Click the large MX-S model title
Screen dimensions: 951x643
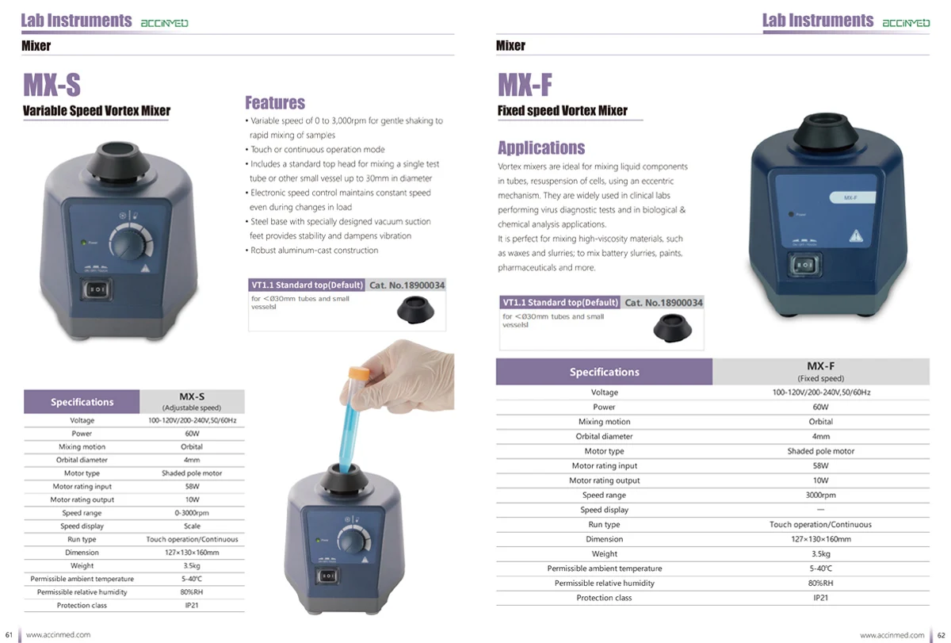(52, 85)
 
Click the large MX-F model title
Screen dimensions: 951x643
(525, 85)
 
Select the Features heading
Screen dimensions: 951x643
(275, 103)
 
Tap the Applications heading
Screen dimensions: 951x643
(541, 147)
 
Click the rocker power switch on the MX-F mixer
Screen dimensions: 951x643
(804, 265)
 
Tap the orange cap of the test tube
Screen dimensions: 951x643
(359, 373)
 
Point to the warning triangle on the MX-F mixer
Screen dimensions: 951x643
(856, 235)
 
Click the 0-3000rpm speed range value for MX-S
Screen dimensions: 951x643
(192, 513)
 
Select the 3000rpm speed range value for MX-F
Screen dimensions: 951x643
(820, 495)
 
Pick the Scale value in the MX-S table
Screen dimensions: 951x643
(192, 526)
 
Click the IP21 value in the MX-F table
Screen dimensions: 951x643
(820, 598)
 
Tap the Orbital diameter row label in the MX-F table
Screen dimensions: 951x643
(604, 436)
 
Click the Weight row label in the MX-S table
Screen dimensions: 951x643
(82, 565)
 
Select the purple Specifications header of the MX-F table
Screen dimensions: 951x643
(604, 372)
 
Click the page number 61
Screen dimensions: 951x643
(9, 635)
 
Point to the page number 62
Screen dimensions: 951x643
(941, 635)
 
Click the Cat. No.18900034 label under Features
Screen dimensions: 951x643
(407, 285)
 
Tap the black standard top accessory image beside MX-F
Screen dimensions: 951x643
(672, 328)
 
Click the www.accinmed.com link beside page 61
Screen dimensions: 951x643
(58, 635)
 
